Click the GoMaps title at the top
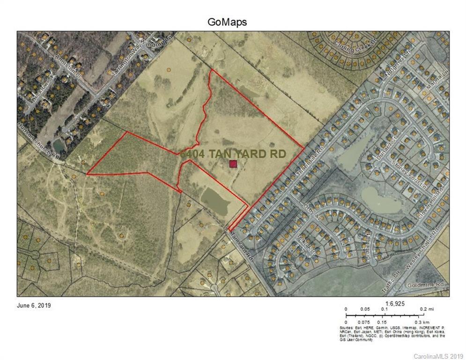[x=227, y=22]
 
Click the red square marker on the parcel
[x=233, y=164]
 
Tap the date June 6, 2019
[x=34, y=306]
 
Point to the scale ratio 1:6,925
[x=395, y=303]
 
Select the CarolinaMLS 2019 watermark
[x=438, y=356]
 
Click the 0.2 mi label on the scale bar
[x=424, y=309]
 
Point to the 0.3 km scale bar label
[x=424, y=323]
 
